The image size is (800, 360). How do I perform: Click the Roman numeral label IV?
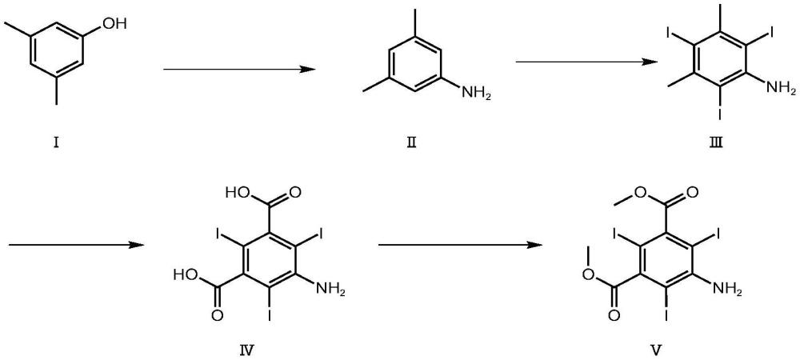click(257, 349)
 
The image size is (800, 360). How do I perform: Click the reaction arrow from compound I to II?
click(238, 70)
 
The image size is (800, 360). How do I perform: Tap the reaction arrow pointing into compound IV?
click(71, 245)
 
